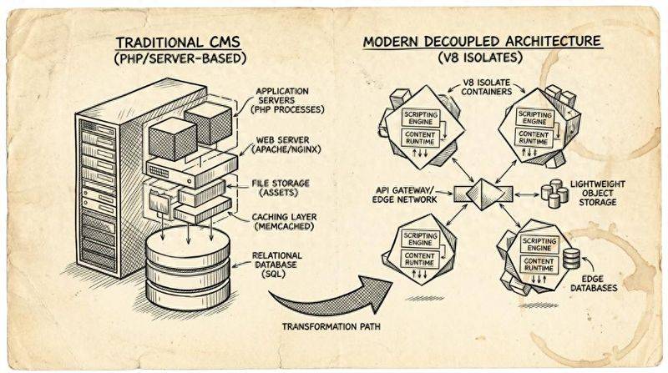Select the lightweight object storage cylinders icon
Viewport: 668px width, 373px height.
tap(555, 194)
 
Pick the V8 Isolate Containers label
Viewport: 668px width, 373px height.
tap(492, 88)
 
